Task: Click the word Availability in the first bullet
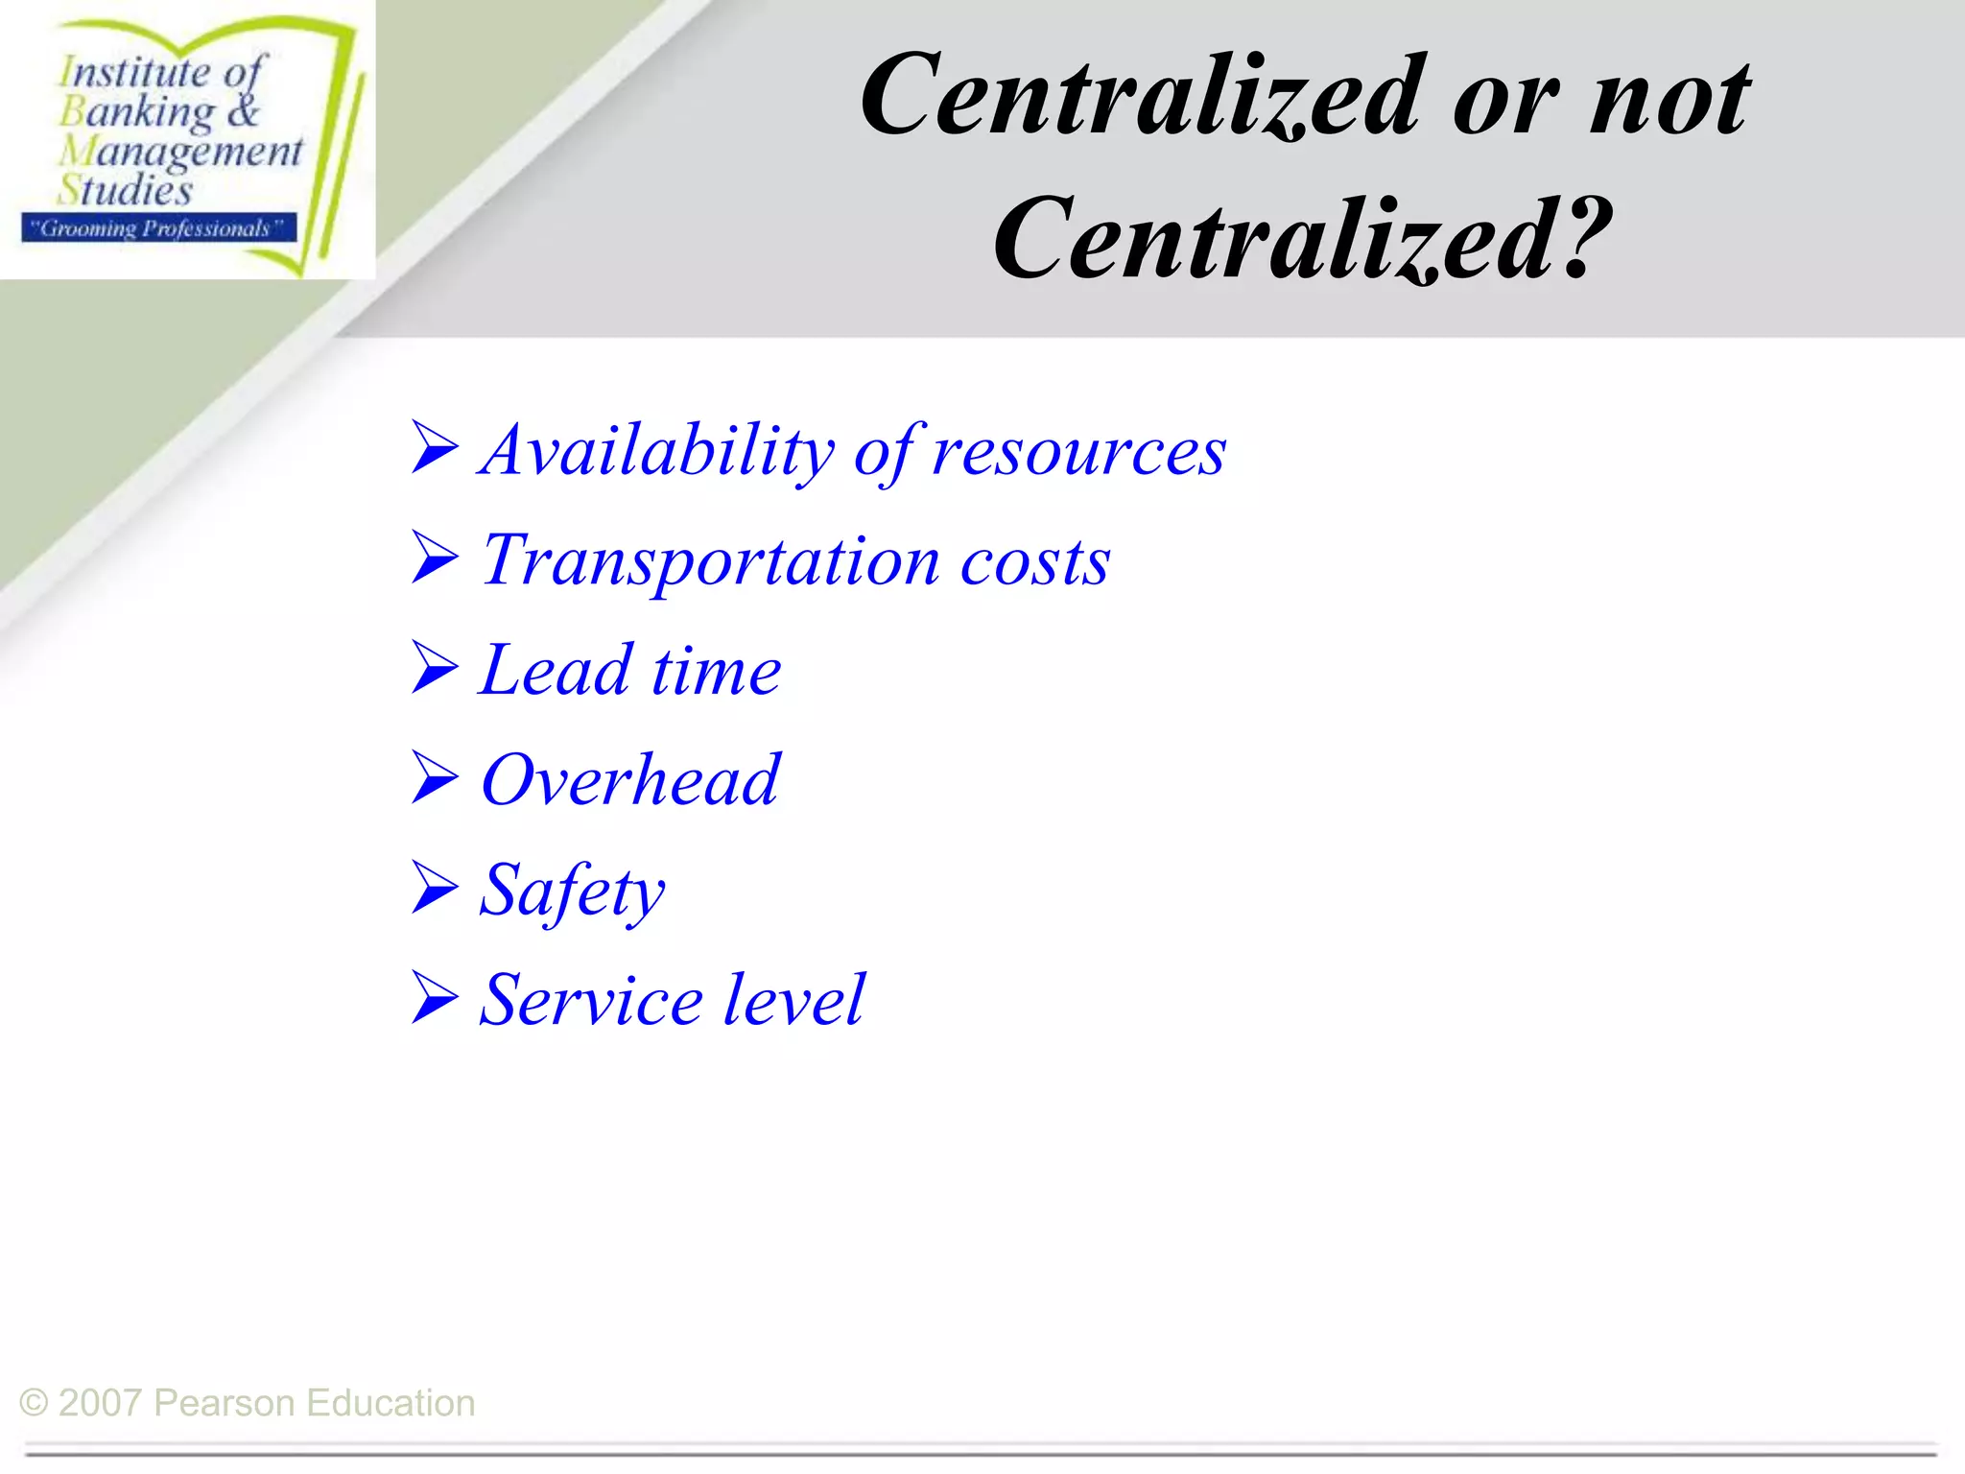point(657,451)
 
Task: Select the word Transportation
point(710,562)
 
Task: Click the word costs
point(1035,562)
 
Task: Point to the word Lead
point(556,671)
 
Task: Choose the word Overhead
point(630,780)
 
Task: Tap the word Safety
point(572,892)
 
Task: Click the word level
point(793,1001)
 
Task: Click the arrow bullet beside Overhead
point(435,777)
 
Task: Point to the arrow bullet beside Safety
point(435,888)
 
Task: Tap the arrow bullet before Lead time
point(435,667)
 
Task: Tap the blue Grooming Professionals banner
point(158,228)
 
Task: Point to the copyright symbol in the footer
point(34,1403)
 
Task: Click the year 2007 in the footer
point(100,1403)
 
